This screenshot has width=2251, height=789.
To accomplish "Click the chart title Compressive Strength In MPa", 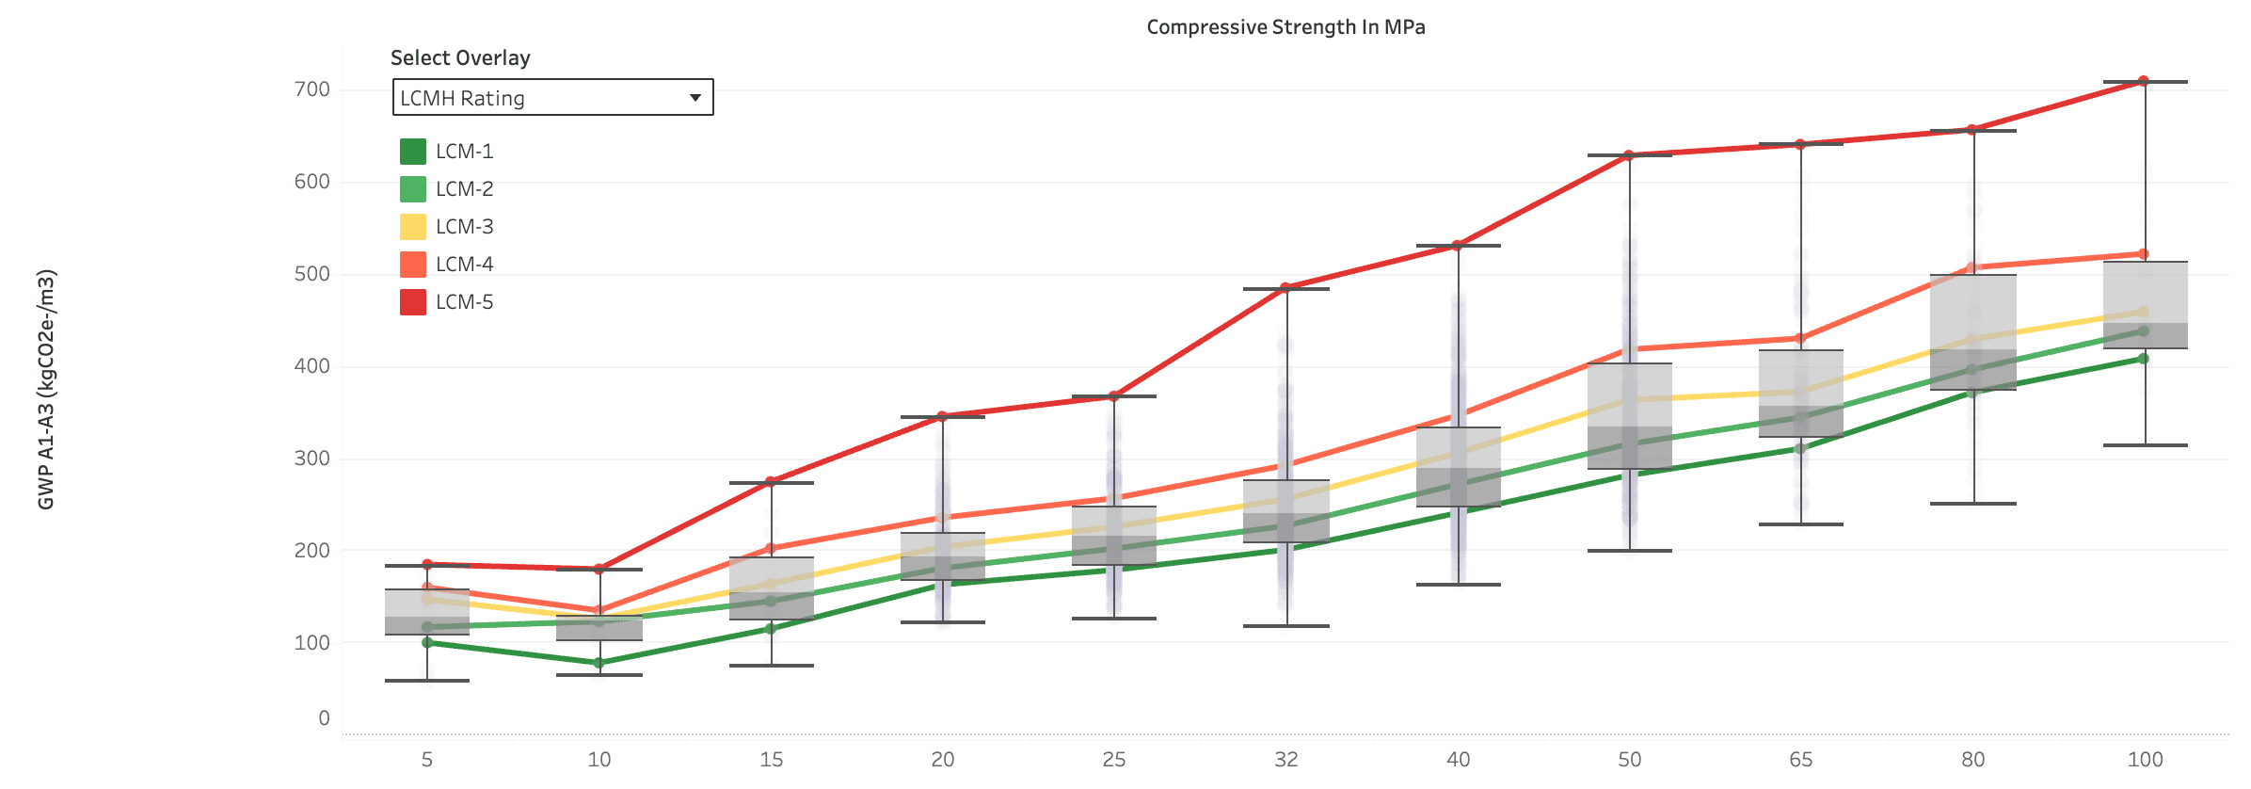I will pyautogui.click(x=1285, y=27).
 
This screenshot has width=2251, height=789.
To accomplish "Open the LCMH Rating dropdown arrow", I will pyautogui.click(x=694, y=98).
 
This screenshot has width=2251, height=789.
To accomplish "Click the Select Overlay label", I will pyautogui.click(x=460, y=58).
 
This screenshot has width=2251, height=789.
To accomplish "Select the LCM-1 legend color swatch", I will pyautogui.click(x=413, y=152).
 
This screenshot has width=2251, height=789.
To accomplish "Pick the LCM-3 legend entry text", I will pyautogui.click(x=464, y=227).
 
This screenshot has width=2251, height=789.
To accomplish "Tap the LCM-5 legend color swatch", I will pyautogui.click(x=413, y=302).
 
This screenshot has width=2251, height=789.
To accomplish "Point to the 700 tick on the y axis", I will pyautogui.click(x=311, y=89).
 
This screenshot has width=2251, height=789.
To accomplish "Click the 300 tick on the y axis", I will pyautogui.click(x=311, y=459).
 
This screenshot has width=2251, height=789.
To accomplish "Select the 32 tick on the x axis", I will pyautogui.click(x=1286, y=760).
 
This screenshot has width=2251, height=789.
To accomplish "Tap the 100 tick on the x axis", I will pyautogui.click(x=2145, y=760).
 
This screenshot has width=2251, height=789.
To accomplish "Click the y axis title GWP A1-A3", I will pyautogui.click(x=46, y=390).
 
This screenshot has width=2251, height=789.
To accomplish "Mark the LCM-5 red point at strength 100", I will pyautogui.click(x=2144, y=81).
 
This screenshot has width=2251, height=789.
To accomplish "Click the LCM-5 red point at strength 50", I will pyautogui.click(x=1629, y=155).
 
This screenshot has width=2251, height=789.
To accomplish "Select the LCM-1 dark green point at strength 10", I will pyautogui.click(x=599, y=663).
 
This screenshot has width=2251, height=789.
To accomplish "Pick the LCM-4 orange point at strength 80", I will pyautogui.click(x=1972, y=267).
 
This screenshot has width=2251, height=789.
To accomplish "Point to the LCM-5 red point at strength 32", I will pyautogui.click(x=1285, y=288).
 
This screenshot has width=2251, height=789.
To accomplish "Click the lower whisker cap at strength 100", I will pyautogui.click(x=2146, y=445).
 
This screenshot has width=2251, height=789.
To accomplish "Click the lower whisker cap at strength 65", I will pyautogui.click(x=1800, y=524).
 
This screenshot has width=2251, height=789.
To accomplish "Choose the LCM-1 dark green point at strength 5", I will pyautogui.click(x=427, y=642).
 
